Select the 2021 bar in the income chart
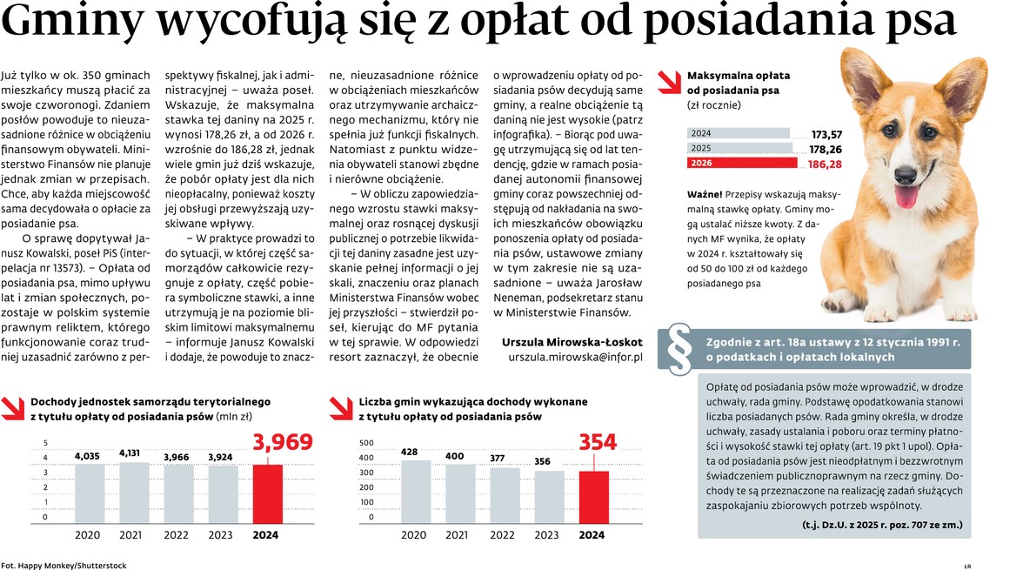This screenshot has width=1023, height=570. pyautogui.click(x=130, y=492)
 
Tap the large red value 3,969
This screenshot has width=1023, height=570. pyautogui.click(x=283, y=444)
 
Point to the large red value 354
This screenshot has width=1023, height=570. pyautogui.click(x=598, y=443)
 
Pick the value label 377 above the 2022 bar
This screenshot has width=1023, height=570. pyautogui.click(x=497, y=458)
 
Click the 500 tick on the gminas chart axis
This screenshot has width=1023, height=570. pyautogui.click(x=366, y=443)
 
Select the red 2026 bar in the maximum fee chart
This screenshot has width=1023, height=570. pyautogui.click(x=742, y=164)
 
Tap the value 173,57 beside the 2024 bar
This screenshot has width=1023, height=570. pyautogui.click(x=826, y=134)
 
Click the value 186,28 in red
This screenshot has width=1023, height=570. pyautogui.click(x=825, y=164)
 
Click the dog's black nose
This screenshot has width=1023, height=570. pyautogui.click(x=905, y=165)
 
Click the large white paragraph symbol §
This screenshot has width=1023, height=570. pyautogui.click(x=679, y=351)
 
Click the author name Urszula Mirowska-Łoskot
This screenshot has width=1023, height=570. pyautogui.click(x=572, y=342)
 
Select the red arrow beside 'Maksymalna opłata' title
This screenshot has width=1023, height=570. pyautogui.click(x=669, y=81)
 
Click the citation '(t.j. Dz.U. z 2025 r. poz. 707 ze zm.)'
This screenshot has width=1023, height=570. pyautogui.click(x=881, y=526)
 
